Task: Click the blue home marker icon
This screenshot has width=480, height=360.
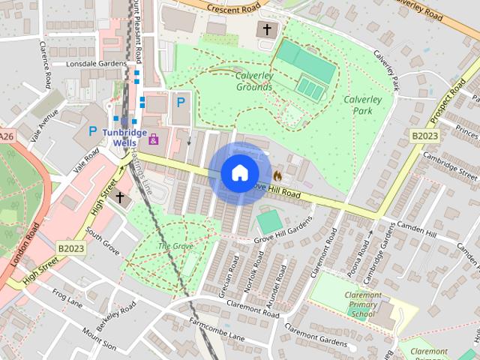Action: tap(239, 173)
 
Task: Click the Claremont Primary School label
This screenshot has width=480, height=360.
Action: tap(362, 304)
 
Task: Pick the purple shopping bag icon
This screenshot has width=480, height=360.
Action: tap(154, 139)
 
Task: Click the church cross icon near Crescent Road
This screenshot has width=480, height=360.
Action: tap(265, 30)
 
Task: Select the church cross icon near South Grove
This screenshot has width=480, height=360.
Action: tap(119, 197)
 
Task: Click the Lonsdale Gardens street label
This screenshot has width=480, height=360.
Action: tap(96, 64)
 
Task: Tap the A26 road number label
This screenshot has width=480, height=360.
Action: tap(7, 136)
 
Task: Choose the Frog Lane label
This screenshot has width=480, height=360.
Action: tap(68, 300)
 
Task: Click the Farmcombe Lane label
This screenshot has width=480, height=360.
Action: tap(217, 329)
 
